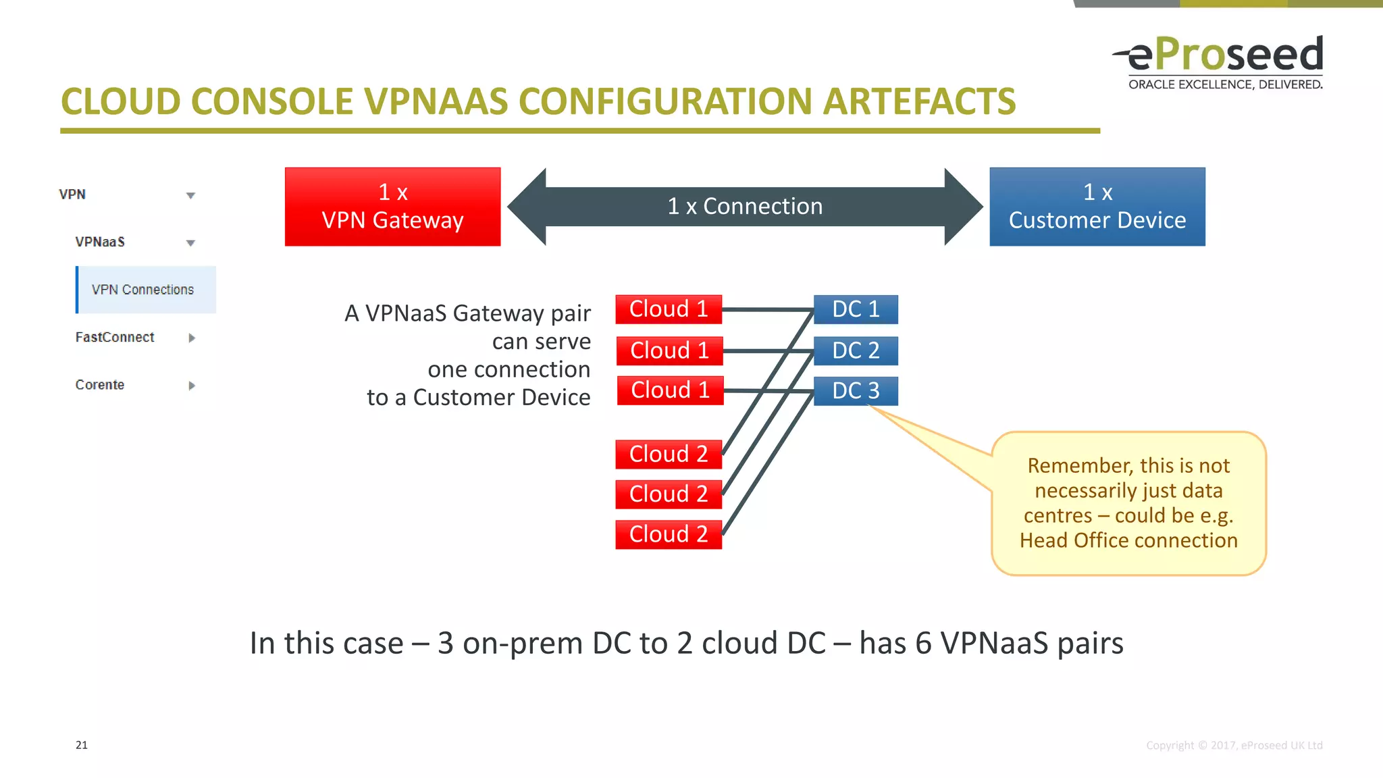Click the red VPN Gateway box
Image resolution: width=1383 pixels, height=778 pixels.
click(x=392, y=207)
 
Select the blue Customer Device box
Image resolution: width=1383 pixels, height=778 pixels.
click(x=1097, y=207)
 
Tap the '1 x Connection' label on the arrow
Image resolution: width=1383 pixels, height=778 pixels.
click(x=745, y=207)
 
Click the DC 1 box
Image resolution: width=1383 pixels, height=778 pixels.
click(x=856, y=309)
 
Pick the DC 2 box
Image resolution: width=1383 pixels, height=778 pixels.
click(x=856, y=351)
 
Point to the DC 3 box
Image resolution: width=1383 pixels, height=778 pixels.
click(x=856, y=390)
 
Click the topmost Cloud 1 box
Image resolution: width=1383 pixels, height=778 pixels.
click(x=669, y=309)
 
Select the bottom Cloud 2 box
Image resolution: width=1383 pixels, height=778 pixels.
click(x=669, y=534)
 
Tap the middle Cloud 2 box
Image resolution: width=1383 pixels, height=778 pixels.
click(x=669, y=494)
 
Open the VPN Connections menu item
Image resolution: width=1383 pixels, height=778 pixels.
click(x=143, y=290)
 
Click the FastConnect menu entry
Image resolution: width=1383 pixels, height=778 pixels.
click(x=115, y=337)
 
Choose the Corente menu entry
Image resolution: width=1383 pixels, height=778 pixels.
click(x=100, y=385)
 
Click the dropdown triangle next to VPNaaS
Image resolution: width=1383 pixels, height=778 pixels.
click(x=190, y=243)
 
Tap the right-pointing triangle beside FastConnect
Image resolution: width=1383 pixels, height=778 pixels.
click(x=192, y=338)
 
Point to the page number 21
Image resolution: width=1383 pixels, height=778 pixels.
click(x=82, y=745)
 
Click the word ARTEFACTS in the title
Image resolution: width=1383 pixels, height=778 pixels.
click(x=919, y=102)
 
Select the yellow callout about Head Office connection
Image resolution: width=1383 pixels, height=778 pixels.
click(x=1128, y=503)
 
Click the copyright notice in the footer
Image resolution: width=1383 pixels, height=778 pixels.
click(x=1234, y=745)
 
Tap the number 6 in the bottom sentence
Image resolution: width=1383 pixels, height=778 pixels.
click(x=924, y=643)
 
